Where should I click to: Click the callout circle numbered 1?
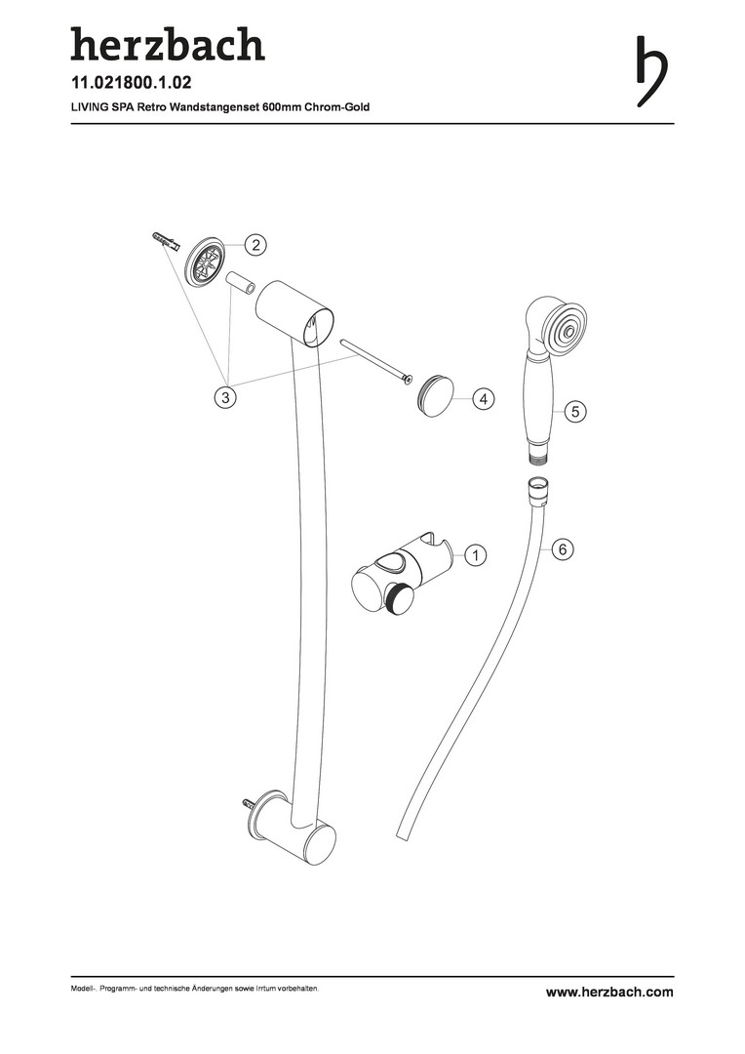[476, 555]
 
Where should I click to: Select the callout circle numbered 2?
[255, 245]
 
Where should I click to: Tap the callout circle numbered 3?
[225, 396]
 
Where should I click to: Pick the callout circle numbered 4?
[483, 398]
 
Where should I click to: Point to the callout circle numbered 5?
[575, 411]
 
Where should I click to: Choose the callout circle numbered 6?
[563, 549]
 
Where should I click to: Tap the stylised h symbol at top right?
[651, 70]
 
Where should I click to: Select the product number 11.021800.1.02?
[131, 83]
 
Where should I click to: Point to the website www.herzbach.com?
[609, 992]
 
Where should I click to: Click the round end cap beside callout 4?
[435, 397]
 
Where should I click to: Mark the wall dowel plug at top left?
[165, 241]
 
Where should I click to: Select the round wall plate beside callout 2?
[204, 263]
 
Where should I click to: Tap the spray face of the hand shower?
[567, 330]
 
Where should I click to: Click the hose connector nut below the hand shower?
[536, 488]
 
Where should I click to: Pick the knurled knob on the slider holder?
[401, 597]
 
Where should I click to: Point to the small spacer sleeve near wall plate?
[241, 284]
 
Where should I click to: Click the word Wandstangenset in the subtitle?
[217, 107]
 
